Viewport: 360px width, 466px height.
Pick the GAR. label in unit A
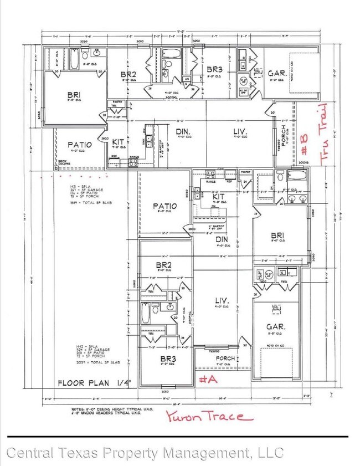pos(275,327)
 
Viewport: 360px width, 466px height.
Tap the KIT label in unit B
pos(118,142)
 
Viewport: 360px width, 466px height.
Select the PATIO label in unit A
pos(164,206)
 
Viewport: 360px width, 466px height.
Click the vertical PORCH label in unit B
pos(284,139)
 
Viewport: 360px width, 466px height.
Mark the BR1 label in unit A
pos(277,234)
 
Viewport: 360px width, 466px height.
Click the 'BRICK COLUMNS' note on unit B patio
pos(67,163)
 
